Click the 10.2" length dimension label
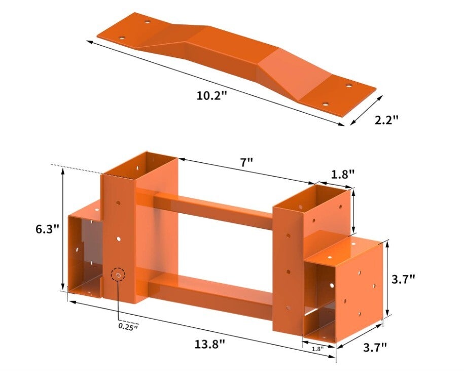click(x=211, y=95)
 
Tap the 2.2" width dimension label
click(x=386, y=120)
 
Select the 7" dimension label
click(x=246, y=162)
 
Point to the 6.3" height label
click(x=48, y=229)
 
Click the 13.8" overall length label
click(x=210, y=344)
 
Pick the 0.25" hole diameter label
click(x=128, y=326)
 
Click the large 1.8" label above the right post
click(x=343, y=175)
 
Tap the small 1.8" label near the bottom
click(x=318, y=349)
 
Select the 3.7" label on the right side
click(x=403, y=279)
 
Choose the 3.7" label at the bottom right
click(x=375, y=347)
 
